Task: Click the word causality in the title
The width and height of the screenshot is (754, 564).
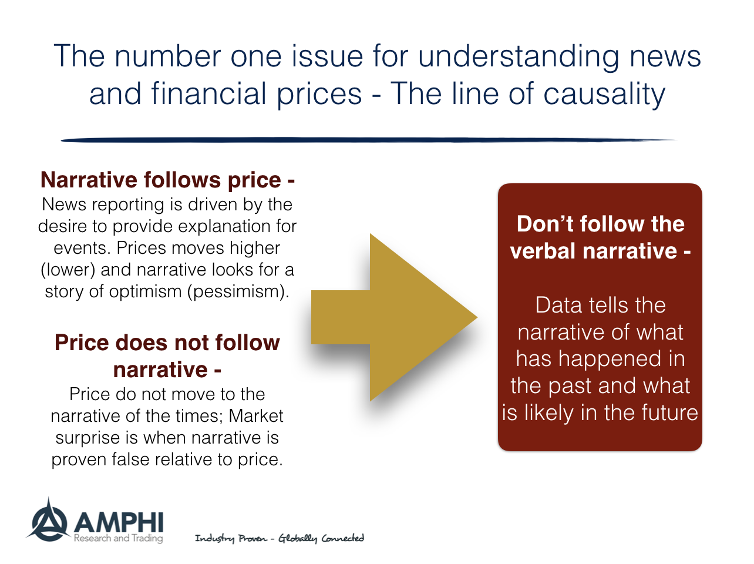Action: pos(604,93)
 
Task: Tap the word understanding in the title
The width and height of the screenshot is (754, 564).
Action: pos(519,56)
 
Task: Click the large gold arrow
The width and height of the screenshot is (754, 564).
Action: pos(394,317)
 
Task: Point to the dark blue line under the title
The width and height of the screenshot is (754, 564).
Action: pos(368,140)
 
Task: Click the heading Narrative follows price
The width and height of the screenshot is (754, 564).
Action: pos(167,180)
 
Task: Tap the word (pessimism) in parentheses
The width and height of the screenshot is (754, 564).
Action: pos(238,292)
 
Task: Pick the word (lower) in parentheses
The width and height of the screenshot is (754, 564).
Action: pos(68,270)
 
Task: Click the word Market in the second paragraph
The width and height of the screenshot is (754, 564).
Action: pos(256,416)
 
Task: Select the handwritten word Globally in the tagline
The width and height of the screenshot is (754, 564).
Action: pos(298,538)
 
